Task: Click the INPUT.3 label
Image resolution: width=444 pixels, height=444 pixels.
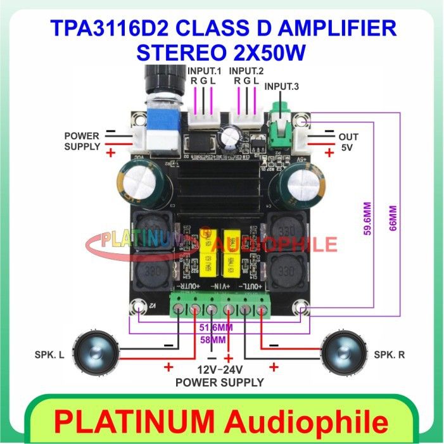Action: tap(281, 87)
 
